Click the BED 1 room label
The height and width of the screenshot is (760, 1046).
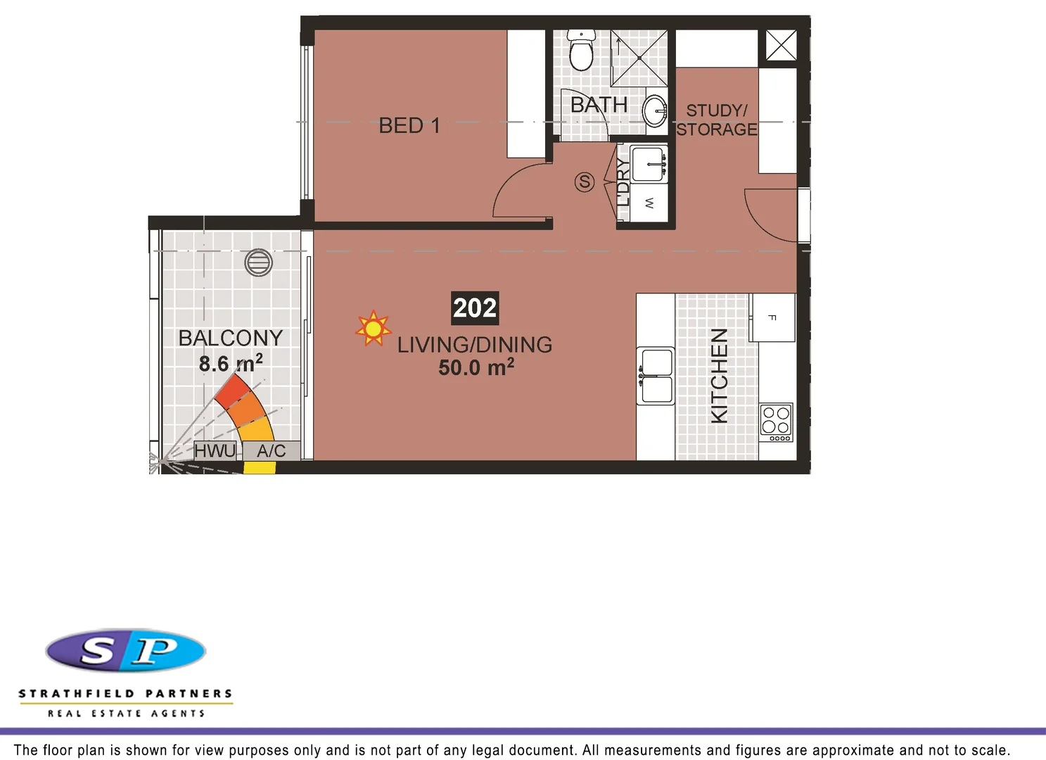point(409,126)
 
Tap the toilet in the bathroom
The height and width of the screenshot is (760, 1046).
point(581,51)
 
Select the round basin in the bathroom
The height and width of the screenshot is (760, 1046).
point(656,110)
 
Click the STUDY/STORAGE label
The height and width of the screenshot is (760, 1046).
point(717,120)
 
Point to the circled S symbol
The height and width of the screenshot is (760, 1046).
point(585,182)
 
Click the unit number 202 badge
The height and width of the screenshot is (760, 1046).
point(475,308)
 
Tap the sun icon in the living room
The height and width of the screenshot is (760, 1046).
point(373,329)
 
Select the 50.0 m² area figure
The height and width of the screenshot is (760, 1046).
point(476,367)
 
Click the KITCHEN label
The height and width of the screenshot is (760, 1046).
point(719,376)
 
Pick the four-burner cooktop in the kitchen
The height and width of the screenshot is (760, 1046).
point(776,422)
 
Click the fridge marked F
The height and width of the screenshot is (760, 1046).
point(772,317)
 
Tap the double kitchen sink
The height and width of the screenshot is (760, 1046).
point(656,376)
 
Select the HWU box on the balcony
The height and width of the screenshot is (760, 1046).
point(215,450)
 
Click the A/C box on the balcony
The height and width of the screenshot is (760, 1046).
point(272,450)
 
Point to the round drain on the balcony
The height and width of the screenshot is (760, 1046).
point(258,262)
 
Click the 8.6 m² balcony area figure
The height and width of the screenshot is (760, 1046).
point(231,363)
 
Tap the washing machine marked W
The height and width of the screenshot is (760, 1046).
point(649,203)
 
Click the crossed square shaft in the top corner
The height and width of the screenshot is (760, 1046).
point(781,46)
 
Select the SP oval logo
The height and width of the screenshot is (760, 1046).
point(126,650)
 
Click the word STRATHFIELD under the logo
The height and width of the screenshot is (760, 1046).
point(77,694)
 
